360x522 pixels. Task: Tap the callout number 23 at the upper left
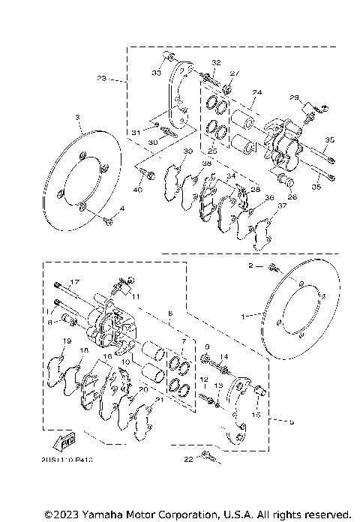103,77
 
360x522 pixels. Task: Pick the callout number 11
136,297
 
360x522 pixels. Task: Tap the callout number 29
295,97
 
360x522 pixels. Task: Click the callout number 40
137,189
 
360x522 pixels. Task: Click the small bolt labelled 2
273,268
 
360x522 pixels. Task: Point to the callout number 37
281,205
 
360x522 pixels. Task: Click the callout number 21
158,400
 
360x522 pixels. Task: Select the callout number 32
215,61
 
